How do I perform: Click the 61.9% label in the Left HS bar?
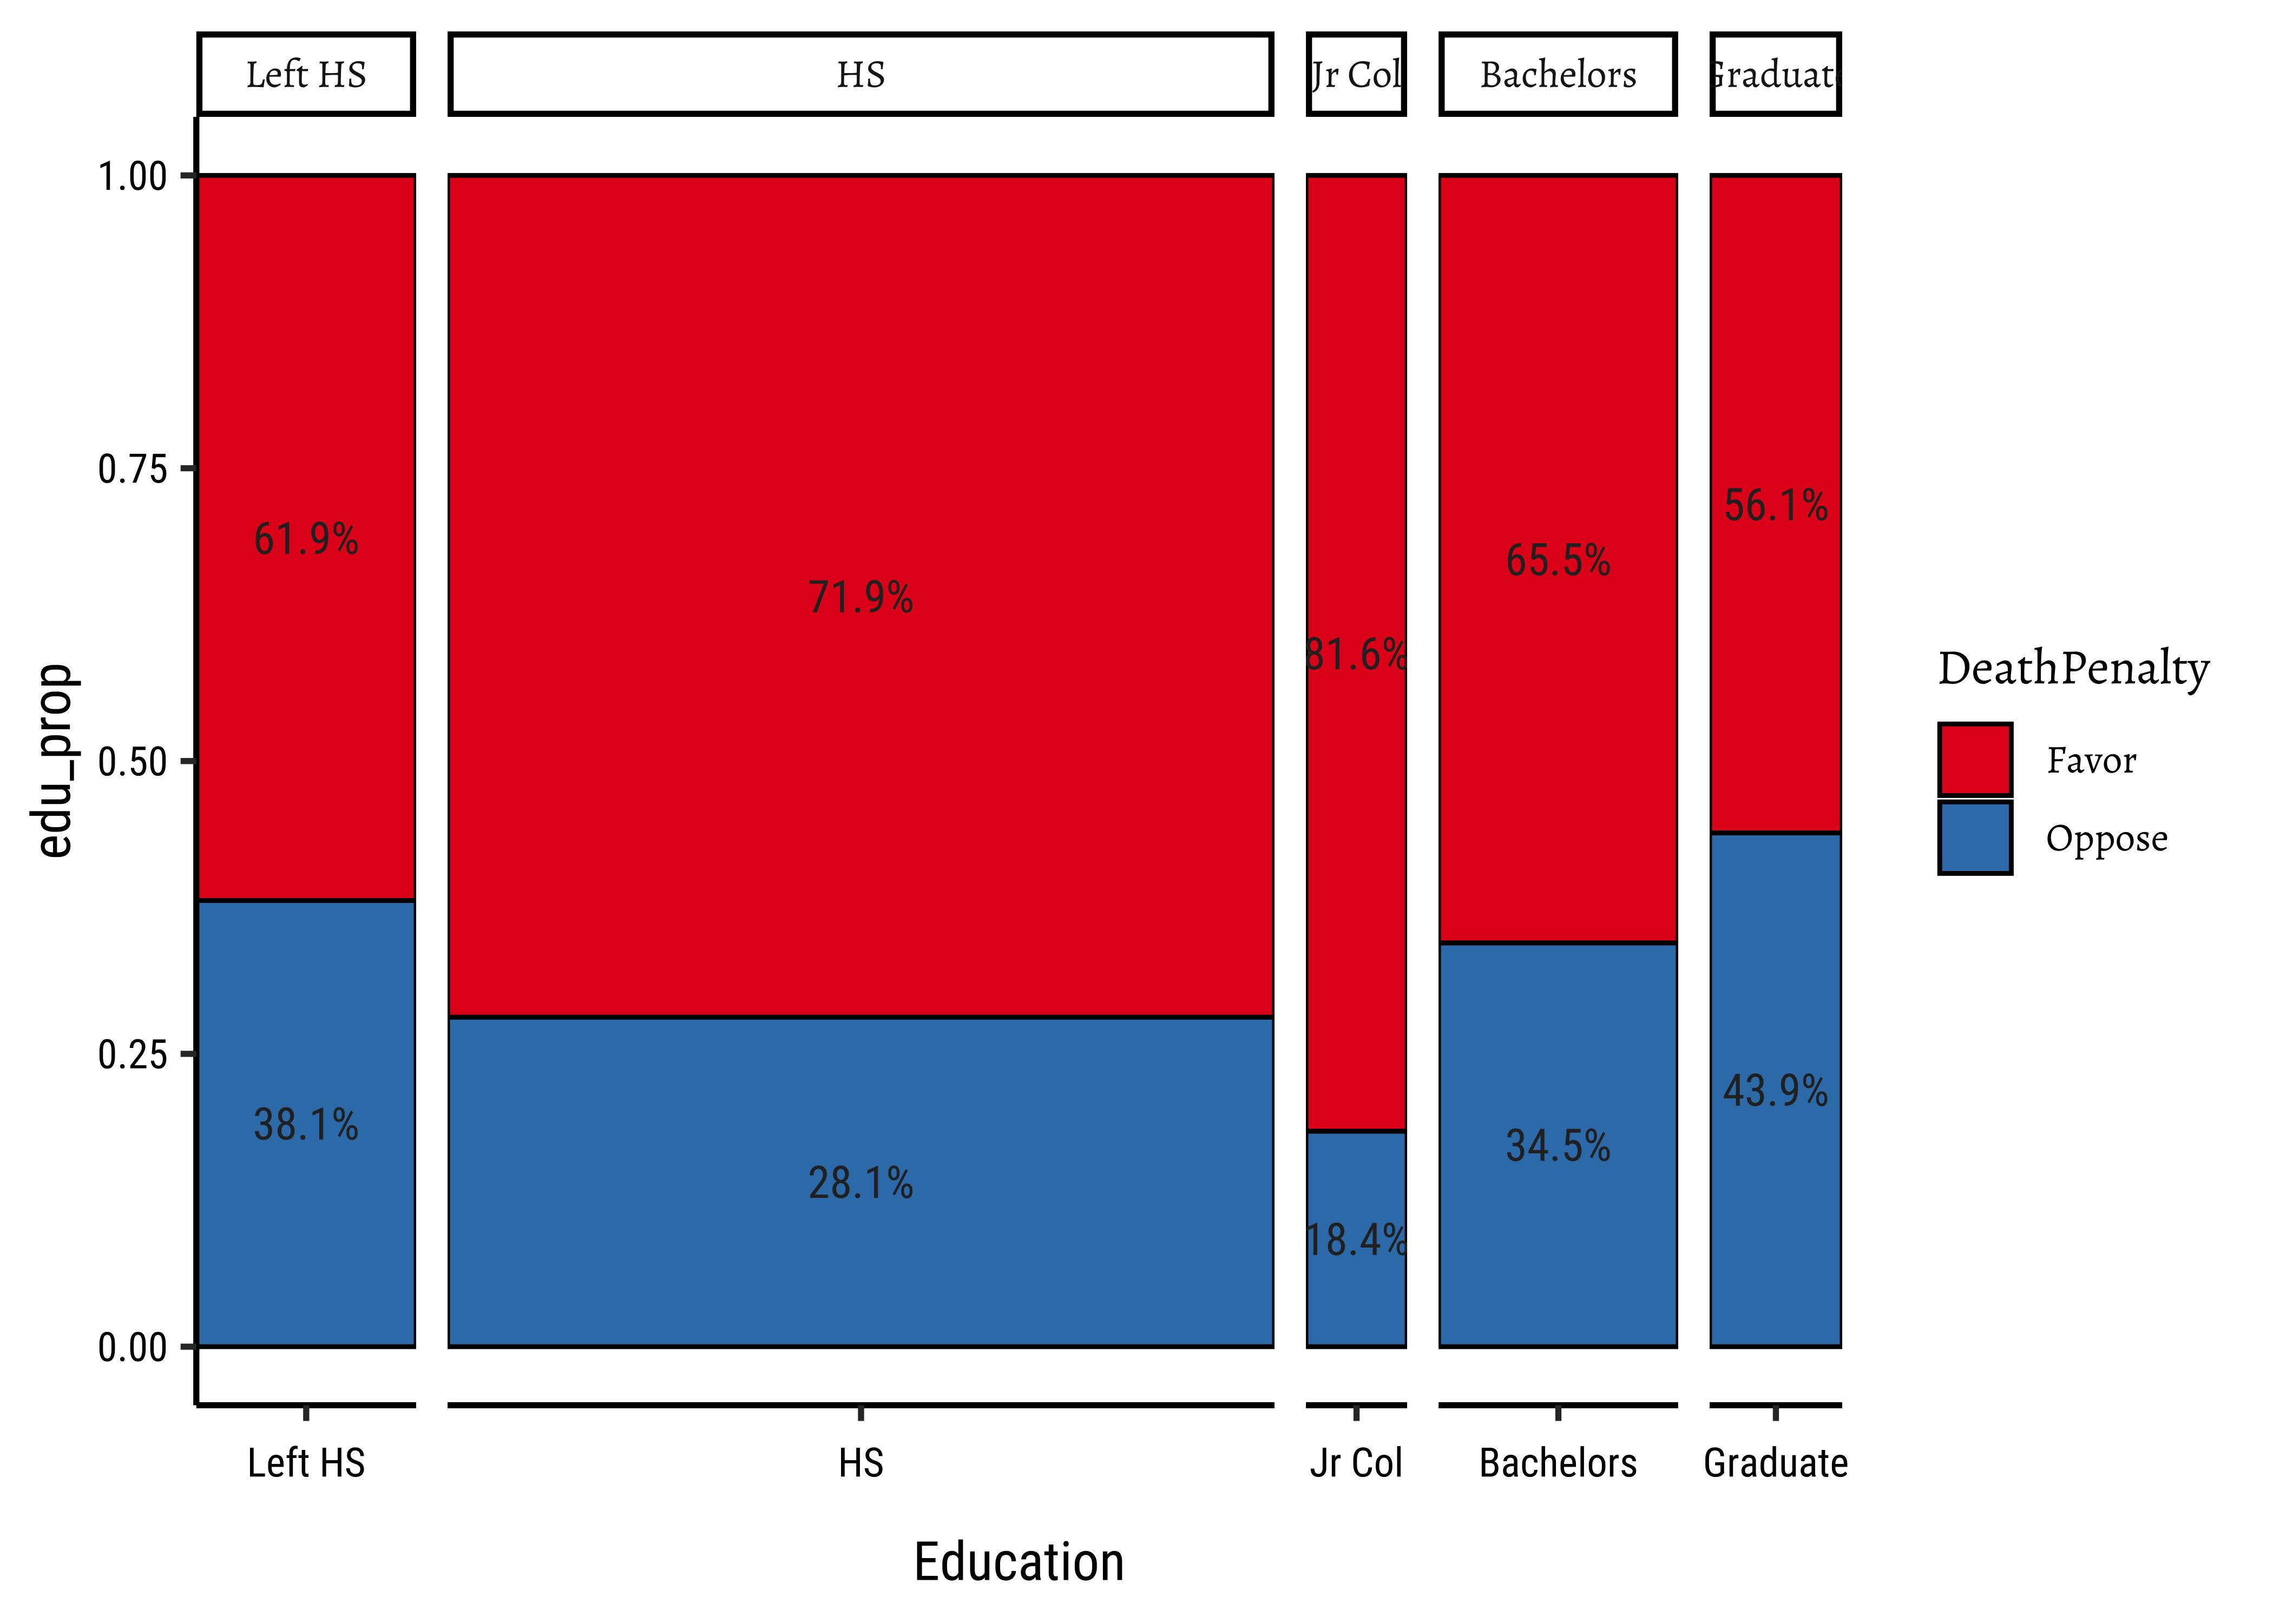[306, 540]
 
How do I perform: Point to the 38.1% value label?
[306, 1125]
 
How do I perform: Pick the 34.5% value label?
[1558, 1146]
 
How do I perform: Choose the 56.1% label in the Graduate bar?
[1775, 506]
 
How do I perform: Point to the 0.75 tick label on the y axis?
[132, 469]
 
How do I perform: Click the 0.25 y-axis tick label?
[132, 1054]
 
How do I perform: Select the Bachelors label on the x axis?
[1558, 1463]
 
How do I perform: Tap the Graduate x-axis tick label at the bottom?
[1775, 1463]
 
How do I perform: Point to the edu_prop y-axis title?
[55, 761]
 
